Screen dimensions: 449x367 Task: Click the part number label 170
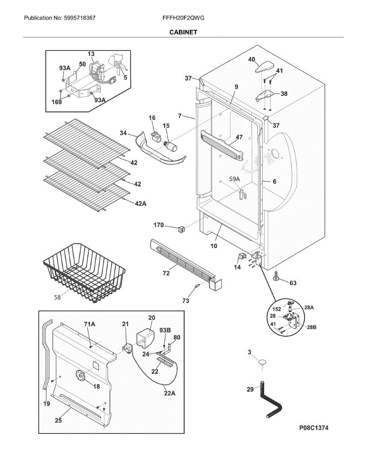coord(159,225)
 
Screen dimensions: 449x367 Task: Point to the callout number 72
coord(166,273)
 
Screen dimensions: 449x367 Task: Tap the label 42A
coord(140,203)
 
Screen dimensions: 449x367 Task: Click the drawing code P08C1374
coord(314,428)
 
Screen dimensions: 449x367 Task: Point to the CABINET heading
coord(183,32)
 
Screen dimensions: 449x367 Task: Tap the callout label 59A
coord(234,179)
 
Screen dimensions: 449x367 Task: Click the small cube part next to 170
coord(182,229)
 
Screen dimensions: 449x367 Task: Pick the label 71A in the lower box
coord(89,324)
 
